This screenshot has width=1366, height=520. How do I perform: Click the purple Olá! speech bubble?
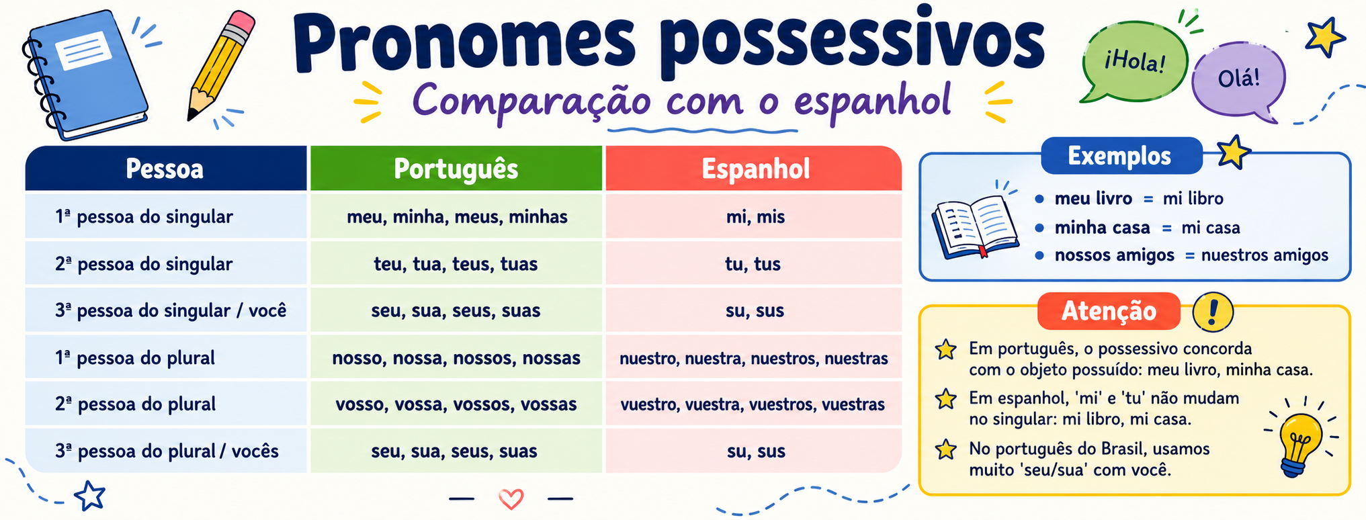(x=1238, y=80)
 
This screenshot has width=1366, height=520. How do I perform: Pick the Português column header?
(x=456, y=169)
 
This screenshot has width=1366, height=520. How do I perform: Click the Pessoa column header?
(x=165, y=169)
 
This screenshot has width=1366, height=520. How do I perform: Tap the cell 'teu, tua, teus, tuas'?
(x=456, y=263)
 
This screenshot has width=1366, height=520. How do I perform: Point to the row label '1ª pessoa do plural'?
(x=135, y=357)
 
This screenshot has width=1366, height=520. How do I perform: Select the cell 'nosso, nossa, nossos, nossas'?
(x=456, y=357)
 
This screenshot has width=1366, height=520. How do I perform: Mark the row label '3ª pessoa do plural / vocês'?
(x=167, y=451)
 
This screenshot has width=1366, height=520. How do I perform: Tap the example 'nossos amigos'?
(x=1115, y=255)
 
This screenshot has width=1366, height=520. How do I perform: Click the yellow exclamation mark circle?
(x=1212, y=312)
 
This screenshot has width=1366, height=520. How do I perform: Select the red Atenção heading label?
(x=1109, y=311)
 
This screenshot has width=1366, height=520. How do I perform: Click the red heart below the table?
(x=511, y=499)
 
